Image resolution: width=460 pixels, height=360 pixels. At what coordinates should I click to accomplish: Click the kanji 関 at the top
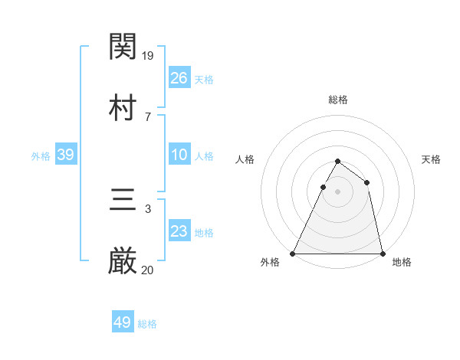pos(123,47)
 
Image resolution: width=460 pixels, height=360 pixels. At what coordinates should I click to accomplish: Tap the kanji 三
pos(123,201)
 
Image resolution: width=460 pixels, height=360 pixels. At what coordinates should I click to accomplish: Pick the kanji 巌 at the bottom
pos(123,262)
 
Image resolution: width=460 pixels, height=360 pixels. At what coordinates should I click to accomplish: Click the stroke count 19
pos(149,56)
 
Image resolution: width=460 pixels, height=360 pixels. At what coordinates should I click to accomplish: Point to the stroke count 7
pos(148,116)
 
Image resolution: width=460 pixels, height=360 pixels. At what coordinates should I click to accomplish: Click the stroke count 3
pos(148,209)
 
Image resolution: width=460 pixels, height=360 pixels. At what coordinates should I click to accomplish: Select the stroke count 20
pos(148,270)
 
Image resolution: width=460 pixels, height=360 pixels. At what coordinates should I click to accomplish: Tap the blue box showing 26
pos(179,77)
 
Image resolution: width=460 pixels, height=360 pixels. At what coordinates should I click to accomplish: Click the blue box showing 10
pos(179,155)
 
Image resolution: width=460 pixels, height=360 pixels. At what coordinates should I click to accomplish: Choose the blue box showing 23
pos(179,231)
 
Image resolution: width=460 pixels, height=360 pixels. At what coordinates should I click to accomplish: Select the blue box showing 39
pos(66,155)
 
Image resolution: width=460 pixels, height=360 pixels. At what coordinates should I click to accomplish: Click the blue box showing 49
pos(123,322)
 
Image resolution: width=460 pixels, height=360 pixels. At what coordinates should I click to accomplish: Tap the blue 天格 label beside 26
pos(204,79)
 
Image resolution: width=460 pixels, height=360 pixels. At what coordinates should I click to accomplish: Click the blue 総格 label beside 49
pos(147,324)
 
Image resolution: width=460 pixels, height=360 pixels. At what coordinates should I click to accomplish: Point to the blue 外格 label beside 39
pos(41,156)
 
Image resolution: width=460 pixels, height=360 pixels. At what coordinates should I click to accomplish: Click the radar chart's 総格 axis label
pos(338,100)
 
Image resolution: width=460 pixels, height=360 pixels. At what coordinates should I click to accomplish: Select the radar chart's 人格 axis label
pos(245,159)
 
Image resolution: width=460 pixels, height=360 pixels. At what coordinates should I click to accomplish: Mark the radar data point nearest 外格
pos(294,254)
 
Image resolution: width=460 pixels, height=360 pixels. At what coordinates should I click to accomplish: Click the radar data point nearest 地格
pos(382,254)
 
